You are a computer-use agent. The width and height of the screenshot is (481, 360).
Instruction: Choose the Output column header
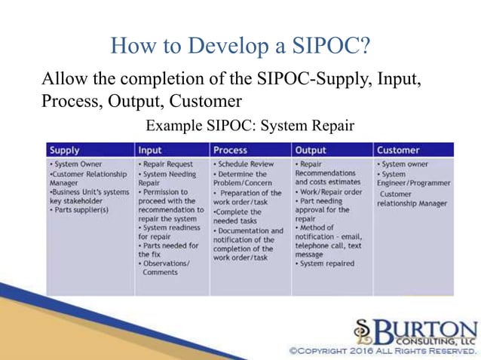311,150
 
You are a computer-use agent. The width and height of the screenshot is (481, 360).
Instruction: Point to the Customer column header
399,150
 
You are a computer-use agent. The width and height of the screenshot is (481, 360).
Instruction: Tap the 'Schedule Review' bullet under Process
244,163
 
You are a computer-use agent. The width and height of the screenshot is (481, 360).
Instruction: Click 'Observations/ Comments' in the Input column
166,267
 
